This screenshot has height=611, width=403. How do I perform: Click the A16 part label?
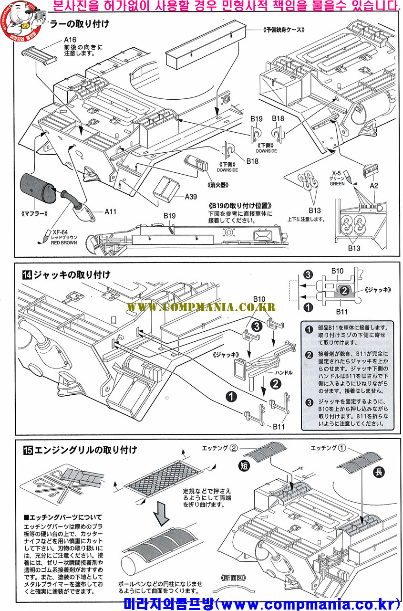click(71, 40)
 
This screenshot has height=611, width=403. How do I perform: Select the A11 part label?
click(111, 211)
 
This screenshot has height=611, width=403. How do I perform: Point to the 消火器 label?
click(217, 185)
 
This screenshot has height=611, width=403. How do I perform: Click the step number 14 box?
click(27, 274)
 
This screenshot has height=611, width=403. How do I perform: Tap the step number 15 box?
click(27, 450)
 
